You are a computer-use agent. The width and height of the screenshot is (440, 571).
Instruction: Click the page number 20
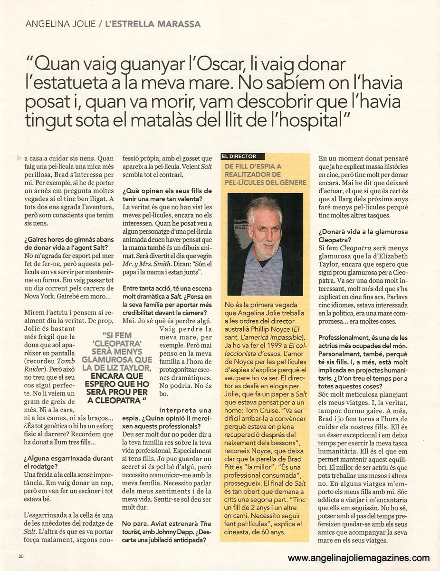pos(21,556)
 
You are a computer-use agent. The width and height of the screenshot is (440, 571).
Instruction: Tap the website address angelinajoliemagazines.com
pos(359,558)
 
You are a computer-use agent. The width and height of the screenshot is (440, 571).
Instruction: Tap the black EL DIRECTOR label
pos(239,156)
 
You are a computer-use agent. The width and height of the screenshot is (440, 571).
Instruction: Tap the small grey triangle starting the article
pos(18,158)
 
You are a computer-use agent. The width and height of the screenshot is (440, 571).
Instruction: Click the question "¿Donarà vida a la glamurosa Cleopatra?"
pos(354,236)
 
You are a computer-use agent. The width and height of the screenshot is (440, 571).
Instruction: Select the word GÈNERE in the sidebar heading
pos(292,183)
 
